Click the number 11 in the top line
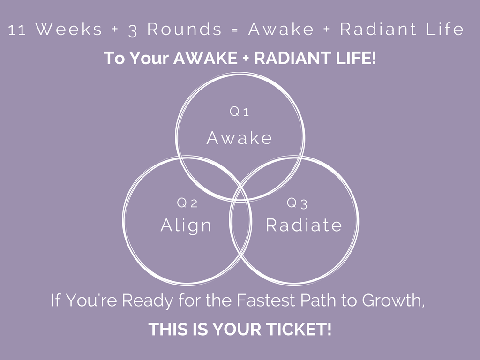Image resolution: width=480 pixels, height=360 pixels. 17,30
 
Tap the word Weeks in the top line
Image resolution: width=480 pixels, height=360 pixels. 68,30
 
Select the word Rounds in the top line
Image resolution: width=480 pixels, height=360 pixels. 184,30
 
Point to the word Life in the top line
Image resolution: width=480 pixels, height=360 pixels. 445,30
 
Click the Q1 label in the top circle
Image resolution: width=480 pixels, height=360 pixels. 240,112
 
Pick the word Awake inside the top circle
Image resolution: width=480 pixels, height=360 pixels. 240,138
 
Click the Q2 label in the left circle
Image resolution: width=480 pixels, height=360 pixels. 187,203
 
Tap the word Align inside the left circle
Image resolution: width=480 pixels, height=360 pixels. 186,225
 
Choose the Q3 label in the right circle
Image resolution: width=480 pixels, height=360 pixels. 297,203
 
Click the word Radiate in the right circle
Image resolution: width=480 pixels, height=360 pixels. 304,225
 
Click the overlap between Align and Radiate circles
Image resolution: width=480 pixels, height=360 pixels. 240,225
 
